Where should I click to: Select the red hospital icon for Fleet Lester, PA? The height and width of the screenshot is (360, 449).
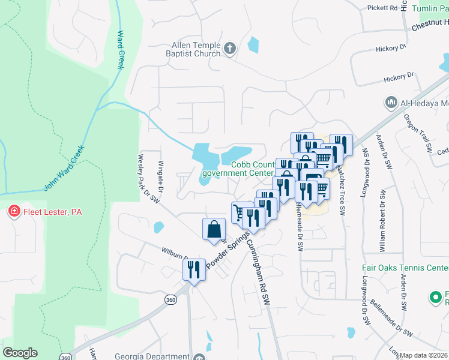click(x=13, y=212)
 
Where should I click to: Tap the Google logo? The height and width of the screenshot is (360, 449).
click(x=20, y=353)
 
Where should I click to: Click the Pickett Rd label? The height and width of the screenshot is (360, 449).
click(x=382, y=8)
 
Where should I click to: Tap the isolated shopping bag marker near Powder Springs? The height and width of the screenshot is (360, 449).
click(x=214, y=229)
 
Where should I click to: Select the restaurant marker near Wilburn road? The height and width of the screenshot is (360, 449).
click(x=194, y=269)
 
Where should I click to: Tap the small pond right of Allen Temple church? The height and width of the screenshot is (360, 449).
click(x=253, y=44)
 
